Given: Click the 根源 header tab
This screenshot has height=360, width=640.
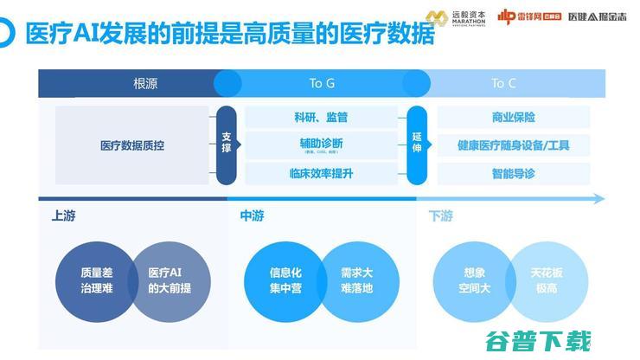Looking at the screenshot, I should coord(144,84).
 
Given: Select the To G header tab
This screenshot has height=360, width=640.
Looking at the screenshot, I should coord(322,84).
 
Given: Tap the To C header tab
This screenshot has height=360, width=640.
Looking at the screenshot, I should coord(503,84).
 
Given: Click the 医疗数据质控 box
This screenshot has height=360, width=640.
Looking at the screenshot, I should coord(132,145).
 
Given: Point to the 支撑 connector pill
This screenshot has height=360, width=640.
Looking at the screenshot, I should coord(227,144).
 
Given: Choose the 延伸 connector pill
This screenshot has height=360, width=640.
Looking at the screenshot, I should coord(418,144).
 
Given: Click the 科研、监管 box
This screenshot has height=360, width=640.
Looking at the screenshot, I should coord(321,117).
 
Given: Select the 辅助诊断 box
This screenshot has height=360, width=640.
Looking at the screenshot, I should coord(321,145).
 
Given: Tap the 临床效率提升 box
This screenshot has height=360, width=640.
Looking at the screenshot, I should coord(321,173).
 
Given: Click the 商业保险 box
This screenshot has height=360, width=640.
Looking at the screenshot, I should coord(513,117).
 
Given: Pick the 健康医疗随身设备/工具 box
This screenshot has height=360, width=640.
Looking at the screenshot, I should coord(513,145).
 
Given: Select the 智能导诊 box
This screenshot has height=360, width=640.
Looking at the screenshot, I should coord(513,173).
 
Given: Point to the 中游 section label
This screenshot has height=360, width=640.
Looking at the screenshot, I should coord(252,216).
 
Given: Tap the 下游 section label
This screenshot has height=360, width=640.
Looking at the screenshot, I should coord(440,216).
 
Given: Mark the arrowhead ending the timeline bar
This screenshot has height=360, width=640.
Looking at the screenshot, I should coord(599,199).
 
